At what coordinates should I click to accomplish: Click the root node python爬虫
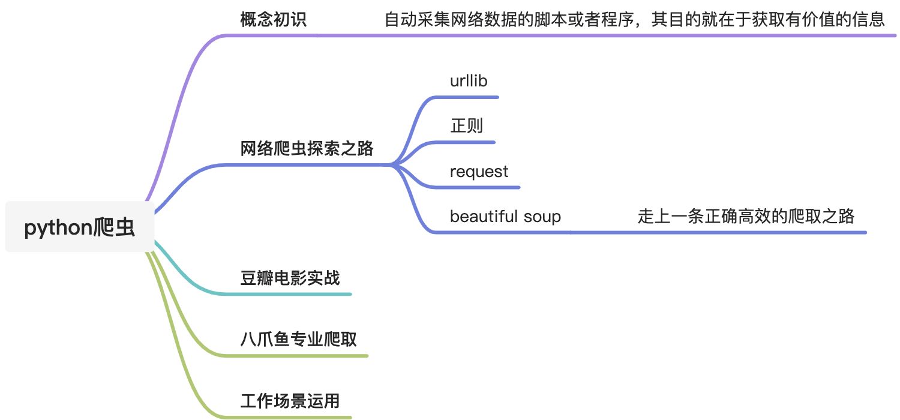click(x=79, y=228)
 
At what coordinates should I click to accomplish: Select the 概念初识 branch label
click(x=273, y=20)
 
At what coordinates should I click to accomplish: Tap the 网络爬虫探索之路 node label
click(x=307, y=149)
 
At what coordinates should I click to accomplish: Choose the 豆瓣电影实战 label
click(x=290, y=278)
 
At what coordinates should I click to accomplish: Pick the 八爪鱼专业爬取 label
click(x=298, y=340)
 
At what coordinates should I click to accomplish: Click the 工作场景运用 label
click(x=290, y=401)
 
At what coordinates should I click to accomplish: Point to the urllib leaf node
click(x=469, y=80)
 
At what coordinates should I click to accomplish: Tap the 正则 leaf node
click(x=466, y=126)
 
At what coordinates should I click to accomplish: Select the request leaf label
click(x=479, y=172)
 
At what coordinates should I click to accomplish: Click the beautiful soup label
click(x=505, y=217)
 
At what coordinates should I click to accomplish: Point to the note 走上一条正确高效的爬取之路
click(x=746, y=217)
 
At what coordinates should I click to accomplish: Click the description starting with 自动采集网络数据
click(x=634, y=20)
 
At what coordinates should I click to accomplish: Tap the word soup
click(x=542, y=217)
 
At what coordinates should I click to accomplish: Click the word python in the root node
click(x=59, y=229)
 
